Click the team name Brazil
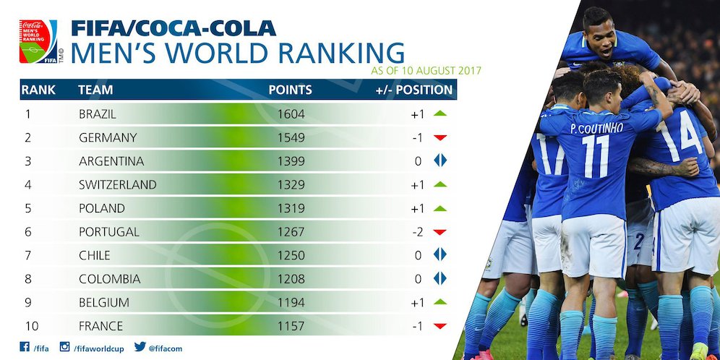(x=97, y=114)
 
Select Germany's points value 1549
(x=291, y=137)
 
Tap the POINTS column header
(x=290, y=90)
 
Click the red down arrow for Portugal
(x=440, y=232)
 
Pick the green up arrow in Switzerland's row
(x=440, y=184)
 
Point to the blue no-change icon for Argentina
(x=440, y=161)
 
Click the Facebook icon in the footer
(x=25, y=347)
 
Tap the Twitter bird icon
(x=140, y=347)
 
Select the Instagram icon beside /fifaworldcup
(x=65, y=347)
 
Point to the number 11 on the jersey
(x=596, y=155)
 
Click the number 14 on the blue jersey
(x=679, y=133)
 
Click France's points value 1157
(x=291, y=326)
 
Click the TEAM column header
(x=95, y=90)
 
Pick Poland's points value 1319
(x=291, y=208)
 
